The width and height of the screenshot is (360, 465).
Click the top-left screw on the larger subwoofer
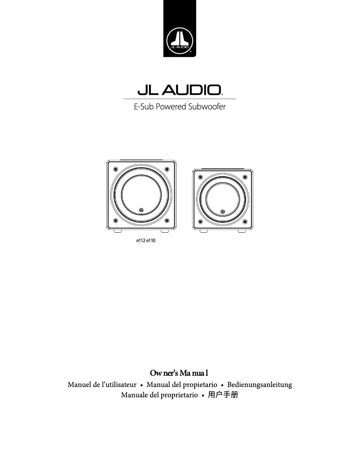point(115,169)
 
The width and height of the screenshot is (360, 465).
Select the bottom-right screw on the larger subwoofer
point(167,221)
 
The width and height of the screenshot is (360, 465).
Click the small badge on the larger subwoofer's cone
point(141,210)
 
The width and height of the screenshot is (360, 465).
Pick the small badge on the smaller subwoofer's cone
point(222,211)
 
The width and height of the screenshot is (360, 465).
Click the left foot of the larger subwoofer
point(118,231)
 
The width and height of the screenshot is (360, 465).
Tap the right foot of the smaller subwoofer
point(242,231)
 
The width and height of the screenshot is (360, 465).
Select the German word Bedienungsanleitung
point(259,385)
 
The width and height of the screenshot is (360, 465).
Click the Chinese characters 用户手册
point(223,395)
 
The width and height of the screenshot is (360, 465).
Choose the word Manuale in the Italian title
point(135,395)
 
